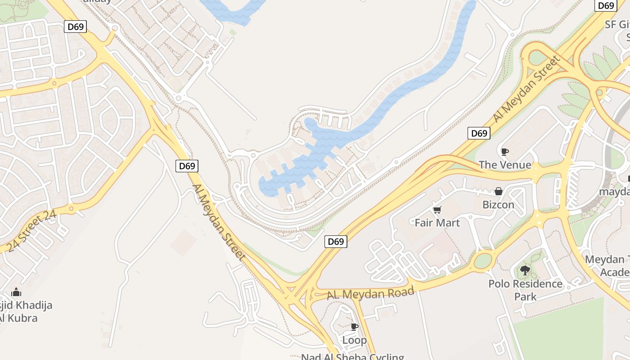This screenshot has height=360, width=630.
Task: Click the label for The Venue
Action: coord(505,165)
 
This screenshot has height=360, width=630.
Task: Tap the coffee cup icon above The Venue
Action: coord(505,152)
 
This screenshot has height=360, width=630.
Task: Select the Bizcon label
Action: coord(498,205)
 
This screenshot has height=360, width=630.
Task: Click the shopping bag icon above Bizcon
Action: coord(498,192)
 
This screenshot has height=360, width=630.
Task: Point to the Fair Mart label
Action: coord(437,223)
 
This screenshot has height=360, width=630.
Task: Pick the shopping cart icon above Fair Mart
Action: coord(437,210)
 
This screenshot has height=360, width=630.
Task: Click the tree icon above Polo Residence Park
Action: coord(525,270)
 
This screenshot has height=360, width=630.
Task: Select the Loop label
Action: coord(354,340)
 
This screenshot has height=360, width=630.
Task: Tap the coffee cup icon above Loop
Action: coord(355,327)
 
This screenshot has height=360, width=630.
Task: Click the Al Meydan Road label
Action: coord(370,294)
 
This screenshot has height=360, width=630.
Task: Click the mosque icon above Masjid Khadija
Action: coord(16,292)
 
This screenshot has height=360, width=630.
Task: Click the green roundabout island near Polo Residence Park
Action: coord(483,261)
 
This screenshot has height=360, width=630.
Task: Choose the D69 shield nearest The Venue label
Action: coord(479,133)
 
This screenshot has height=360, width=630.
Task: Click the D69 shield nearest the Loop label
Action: coord(336,242)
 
